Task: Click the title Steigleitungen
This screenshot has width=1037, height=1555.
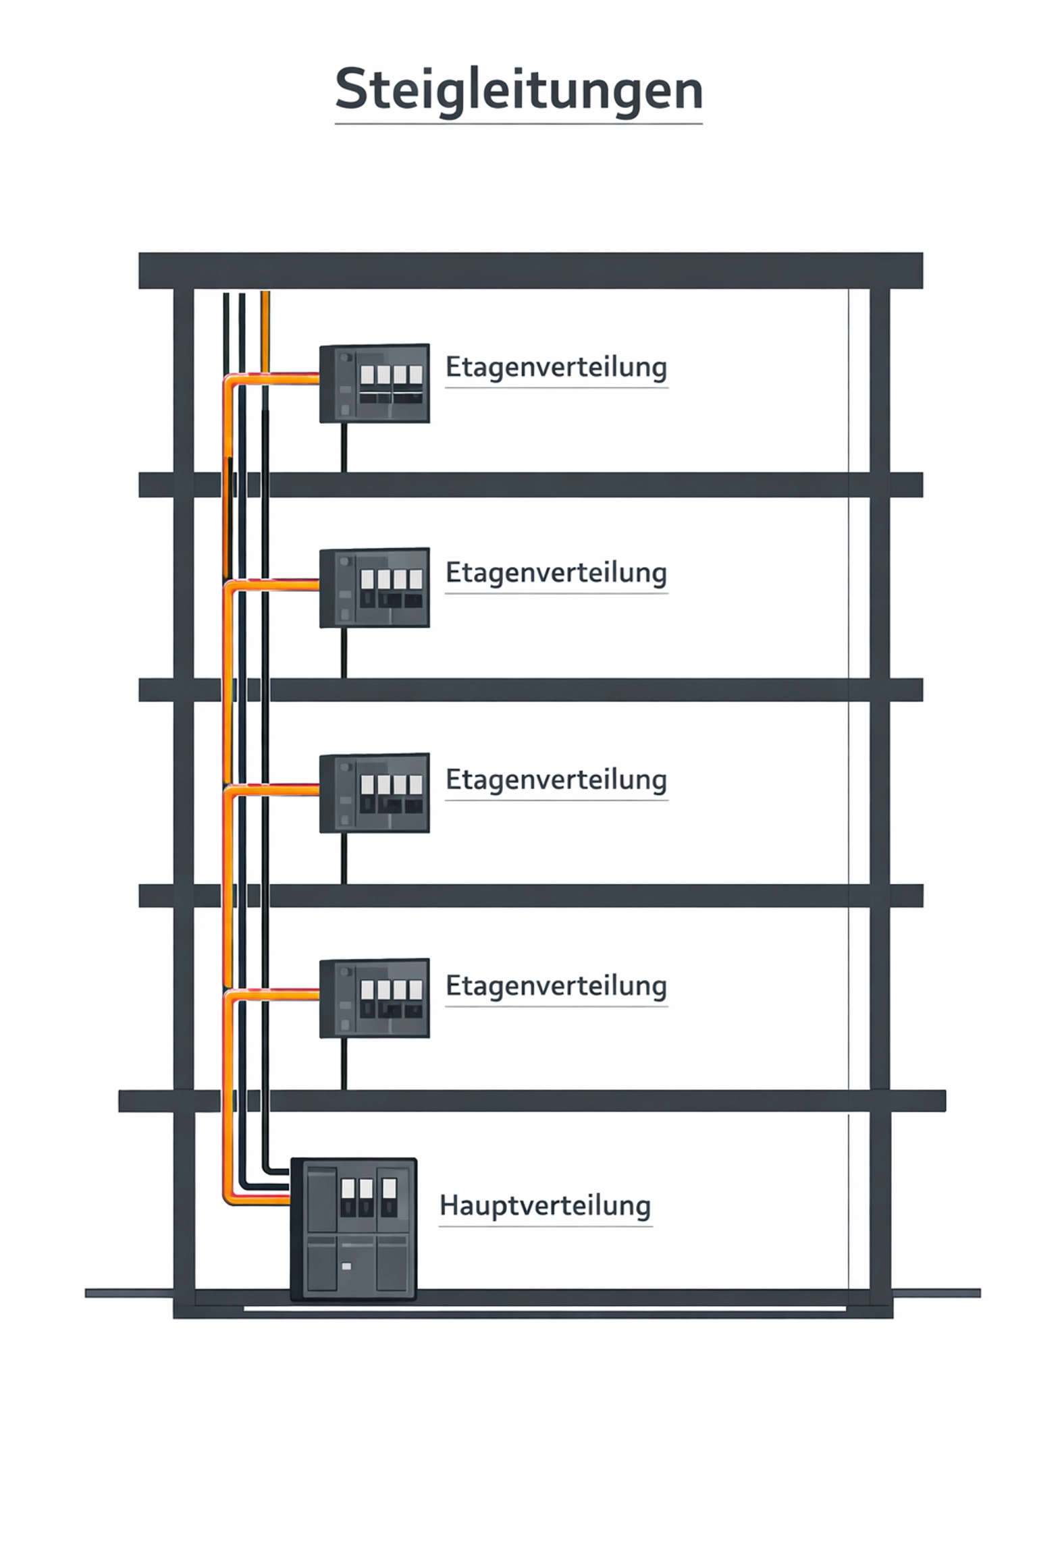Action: click(518, 90)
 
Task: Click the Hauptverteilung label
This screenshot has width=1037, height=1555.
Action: click(545, 1205)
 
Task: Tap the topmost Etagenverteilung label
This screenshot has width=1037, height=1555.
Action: click(556, 367)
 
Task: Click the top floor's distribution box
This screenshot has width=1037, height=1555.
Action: click(375, 383)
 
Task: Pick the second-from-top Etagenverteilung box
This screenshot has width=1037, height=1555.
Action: click(375, 588)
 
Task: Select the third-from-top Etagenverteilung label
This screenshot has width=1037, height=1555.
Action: click(556, 780)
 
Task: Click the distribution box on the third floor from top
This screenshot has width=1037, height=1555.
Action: click(375, 793)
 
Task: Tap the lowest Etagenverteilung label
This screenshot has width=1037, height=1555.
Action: click(556, 986)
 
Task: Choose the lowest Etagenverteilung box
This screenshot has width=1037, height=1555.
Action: click(375, 998)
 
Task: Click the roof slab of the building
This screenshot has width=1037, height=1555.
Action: click(530, 271)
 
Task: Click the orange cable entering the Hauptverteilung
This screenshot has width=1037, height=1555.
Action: click(260, 1199)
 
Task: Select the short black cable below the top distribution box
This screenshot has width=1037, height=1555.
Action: click(344, 447)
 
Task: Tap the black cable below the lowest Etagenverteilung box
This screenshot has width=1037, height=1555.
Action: click(344, 1063)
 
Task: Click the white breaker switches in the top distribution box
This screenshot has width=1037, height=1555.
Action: click(391, 375)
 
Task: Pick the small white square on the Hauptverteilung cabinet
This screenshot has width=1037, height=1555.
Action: click(346, 1267)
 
